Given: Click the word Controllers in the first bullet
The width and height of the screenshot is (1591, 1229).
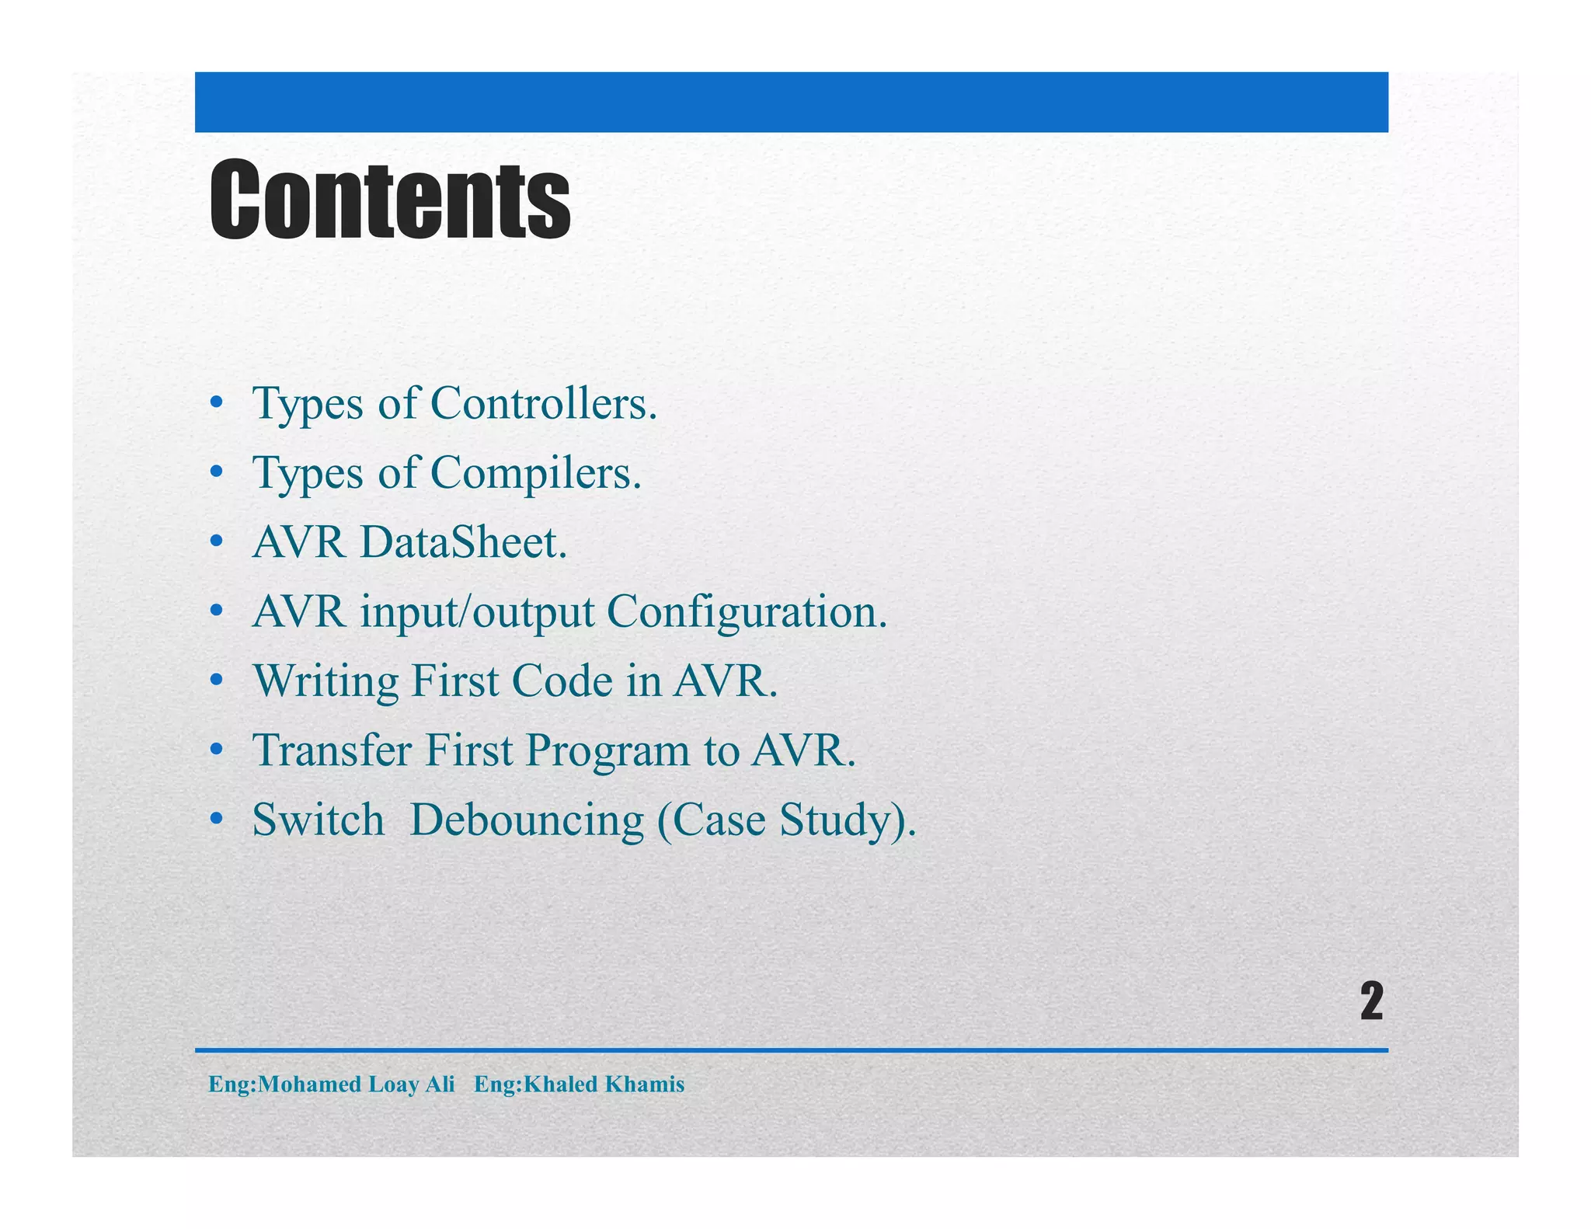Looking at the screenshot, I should coord(543,403).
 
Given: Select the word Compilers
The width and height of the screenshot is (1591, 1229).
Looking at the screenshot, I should coord(535,472).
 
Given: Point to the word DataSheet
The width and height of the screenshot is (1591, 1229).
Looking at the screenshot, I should coord(463,542).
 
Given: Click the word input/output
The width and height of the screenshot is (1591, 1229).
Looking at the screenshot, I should coord(477,612).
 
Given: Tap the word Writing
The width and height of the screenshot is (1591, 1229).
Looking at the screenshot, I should coord(326,681).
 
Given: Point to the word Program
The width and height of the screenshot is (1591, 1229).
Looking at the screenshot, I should coord(608,750).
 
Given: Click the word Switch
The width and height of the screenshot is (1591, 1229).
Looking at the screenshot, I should coord(319,820).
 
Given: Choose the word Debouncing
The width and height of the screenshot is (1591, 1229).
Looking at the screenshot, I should coord(527,820).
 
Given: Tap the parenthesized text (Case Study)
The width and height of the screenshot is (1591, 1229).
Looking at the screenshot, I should coord(786,820).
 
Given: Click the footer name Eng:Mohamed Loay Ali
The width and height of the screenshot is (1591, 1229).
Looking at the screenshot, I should coord(332,1084).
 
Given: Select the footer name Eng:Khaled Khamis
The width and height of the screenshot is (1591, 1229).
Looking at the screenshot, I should coord(579,1084).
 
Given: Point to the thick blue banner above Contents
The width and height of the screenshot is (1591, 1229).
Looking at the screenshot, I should coord(791,102).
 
